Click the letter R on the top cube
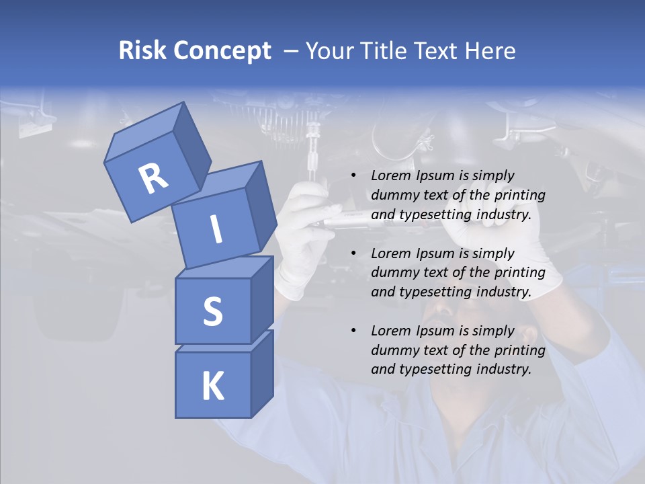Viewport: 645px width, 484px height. coord(153,179)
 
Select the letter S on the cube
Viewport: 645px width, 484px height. coord(212,311)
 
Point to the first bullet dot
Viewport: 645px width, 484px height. coord(353,176)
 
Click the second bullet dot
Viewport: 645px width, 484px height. coord(353,253)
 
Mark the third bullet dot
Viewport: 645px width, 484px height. coord(353,331)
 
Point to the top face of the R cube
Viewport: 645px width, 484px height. coord(144,130)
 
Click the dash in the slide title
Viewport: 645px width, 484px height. coord(292,51)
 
